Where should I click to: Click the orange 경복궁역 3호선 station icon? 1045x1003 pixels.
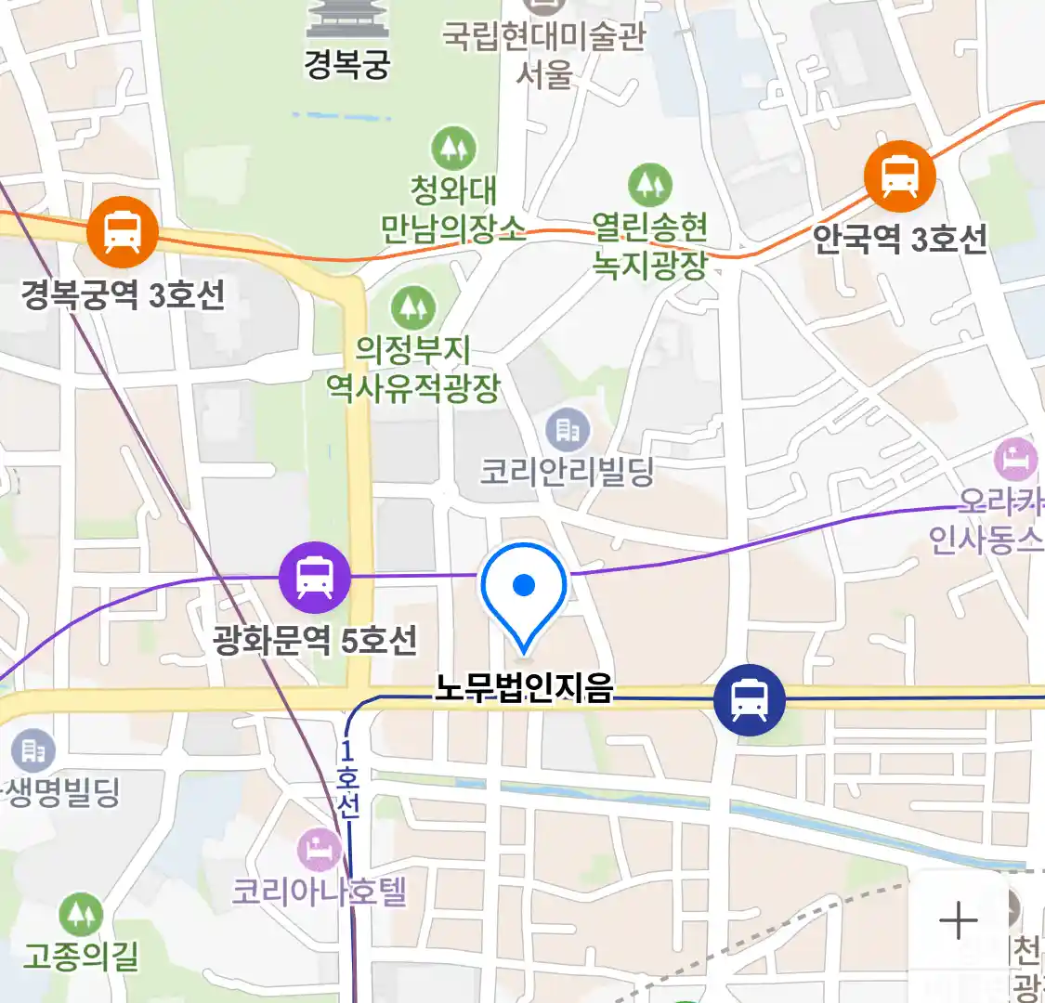pyautogui.click(x=123, y=231)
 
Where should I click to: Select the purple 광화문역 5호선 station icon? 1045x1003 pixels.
pyautogui.click(x=315, y=577)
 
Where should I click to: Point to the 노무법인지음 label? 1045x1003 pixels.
pyautogui.click(x=524, y=689)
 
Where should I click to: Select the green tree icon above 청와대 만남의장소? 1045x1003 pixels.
pyautogui.click(x=453, y=149)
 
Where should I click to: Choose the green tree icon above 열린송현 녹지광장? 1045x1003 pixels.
pyautogui.click(x=649, y=186)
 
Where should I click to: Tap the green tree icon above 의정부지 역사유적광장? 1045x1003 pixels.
pyautogui.click(x=412, y=307)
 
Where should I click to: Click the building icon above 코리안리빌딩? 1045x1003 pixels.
pyautogui.click(x=567, y=430)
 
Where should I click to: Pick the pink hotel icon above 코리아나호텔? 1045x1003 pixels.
pyautogui.click(x=319, y=850)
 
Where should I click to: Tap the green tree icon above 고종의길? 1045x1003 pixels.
pyautogui.click(x=81, y=915)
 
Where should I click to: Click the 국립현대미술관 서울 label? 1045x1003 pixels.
pyautogui.click(x=543, y=54)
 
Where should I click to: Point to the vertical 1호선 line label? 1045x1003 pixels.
pyautogui.click(x=346, y=778)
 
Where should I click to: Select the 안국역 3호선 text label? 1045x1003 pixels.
pyautogui.click(x=899, y=240)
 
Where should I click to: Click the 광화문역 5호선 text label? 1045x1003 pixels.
pyautogui.click(x=315, y=639)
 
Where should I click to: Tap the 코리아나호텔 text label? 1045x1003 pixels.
pyautogui.click(x=319, y=892)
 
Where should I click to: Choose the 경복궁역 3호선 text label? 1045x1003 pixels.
pyautogui.click(x=123, y=294)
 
